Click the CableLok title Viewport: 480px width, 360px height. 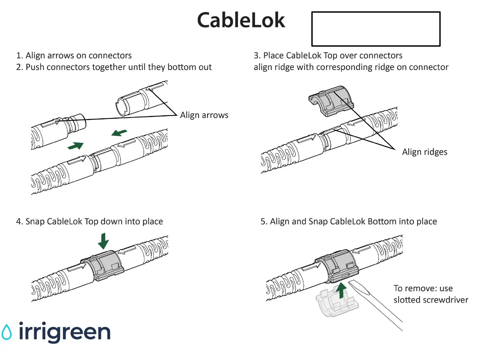pyautogui.click(x=241, y=20)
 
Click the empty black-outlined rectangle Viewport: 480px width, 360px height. pyautogui.click(x=376, y=29)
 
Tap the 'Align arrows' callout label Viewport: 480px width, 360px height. pyautogui.click(x=204, y=115)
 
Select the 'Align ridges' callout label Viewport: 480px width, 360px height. pyautogui.click(x=424, y=152)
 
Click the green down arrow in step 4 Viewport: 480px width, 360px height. pyautogui.click(x=104, y=241)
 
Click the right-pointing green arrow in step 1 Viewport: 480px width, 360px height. pyautogui.click(x=76, y=146)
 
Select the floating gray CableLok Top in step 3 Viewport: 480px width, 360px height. pyautogui.click(x=331, y=101)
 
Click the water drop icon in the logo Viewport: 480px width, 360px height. pyautogui.click(x=6, y=332)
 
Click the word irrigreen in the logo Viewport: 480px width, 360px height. pyautogui.click(x=64, y=332)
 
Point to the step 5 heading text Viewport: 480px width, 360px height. pyautogui.click(x=349, y=222)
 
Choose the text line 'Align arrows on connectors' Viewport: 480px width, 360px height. pyautogui.click(x=78, y=55)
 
